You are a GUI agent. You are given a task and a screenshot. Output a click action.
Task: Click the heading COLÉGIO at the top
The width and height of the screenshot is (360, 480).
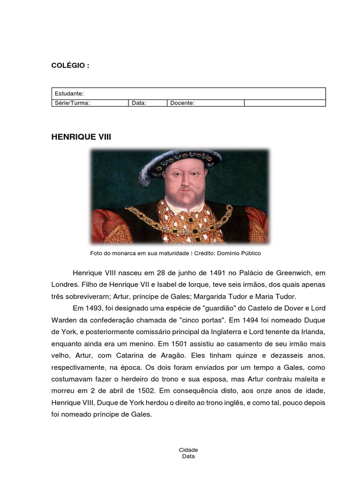click(x=70, y=65)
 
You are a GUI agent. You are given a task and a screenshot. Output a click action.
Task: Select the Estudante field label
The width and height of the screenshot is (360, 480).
click(x=69, y=94)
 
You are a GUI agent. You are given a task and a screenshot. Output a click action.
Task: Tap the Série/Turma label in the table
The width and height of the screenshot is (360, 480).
click(x=72, y=103)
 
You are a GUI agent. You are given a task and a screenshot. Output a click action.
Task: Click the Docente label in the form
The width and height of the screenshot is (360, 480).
click(x=182, y=103)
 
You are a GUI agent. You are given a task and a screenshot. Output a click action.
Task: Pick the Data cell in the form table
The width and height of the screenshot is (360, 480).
click(x=139, y=103)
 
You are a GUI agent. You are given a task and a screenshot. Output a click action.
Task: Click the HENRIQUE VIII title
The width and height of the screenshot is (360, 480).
click(x=81, y=137)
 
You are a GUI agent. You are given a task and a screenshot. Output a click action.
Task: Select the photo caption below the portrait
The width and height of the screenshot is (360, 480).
click(x=175, y=253)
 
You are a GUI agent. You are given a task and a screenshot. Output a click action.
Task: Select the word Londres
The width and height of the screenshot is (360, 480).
click(x=64, y=285)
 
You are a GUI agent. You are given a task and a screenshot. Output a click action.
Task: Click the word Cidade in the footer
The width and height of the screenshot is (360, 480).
click(x=188, y=450)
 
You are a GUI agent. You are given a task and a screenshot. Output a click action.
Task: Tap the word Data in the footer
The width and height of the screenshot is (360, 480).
click(x=188, y=456)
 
